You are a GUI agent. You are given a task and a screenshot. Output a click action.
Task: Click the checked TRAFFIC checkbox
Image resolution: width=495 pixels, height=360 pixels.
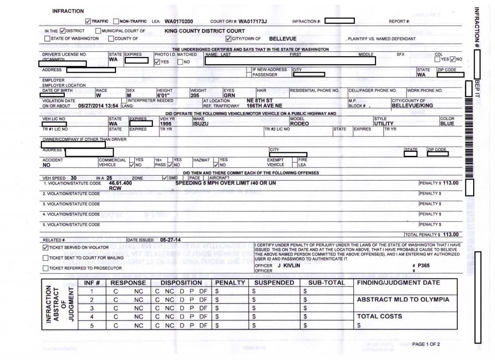[x=87, y=21]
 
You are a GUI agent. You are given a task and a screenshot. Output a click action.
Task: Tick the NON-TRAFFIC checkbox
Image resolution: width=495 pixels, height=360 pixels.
[x=116, y=21]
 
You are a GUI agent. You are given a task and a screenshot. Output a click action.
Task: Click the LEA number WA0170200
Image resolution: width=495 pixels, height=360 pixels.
[x=179, y=21]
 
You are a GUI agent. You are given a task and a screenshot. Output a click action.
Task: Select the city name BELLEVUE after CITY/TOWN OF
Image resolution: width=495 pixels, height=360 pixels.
[x=282, y=39]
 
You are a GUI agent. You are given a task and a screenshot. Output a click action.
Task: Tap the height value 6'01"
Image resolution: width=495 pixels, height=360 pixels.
[x=164, y=96]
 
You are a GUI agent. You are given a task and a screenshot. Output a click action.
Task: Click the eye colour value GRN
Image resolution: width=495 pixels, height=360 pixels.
[x=229, y=96]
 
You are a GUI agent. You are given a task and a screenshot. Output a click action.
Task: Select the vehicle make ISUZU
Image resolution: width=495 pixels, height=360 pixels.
[x=201, y=124]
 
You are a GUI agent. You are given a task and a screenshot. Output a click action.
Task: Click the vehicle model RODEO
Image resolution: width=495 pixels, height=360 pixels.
[x=299, y=124]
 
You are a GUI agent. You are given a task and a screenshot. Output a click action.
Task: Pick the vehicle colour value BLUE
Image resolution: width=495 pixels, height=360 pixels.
[x=447, y=124]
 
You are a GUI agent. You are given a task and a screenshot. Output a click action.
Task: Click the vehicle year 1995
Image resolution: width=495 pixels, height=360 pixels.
[x=167, y=124]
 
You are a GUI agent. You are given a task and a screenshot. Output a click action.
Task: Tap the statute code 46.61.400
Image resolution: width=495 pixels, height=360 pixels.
[x=120, y=183]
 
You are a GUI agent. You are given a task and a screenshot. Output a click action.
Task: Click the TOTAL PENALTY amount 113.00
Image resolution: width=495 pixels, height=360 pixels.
[x=451, y=235]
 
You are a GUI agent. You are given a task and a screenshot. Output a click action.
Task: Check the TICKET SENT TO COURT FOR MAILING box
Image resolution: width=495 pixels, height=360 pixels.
[x=45, y=258]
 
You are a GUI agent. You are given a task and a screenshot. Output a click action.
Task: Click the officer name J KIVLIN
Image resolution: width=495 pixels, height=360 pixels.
[x=289, y=266]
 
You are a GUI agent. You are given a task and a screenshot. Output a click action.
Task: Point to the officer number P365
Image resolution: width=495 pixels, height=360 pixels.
[x=424, y=266]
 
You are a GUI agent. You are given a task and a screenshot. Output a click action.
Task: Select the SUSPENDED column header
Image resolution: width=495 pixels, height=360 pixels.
[x=274, y=283]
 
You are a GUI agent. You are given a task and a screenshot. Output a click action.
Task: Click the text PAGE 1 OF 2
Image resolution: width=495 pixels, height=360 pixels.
[x=426, y=345]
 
